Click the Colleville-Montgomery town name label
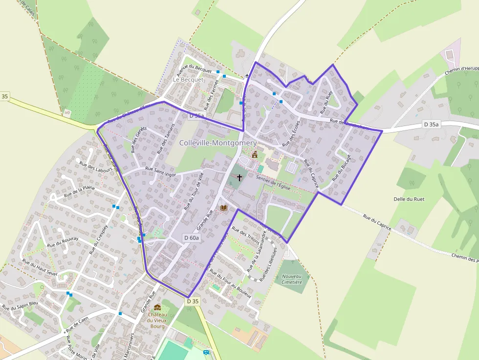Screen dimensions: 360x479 [218, 143]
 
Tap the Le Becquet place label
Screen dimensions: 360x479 [188, 79]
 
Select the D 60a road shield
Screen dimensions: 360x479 [192, 237]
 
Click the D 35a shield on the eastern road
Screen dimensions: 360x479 [432, 125]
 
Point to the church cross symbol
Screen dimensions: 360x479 [239, 177]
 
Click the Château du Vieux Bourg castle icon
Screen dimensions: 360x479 [157, 307]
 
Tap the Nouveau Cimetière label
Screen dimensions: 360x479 [292, 279]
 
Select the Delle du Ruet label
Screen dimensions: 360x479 [409, 199]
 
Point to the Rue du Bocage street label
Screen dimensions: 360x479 [342, 169]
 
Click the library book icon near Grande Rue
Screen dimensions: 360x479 [224, 208]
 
